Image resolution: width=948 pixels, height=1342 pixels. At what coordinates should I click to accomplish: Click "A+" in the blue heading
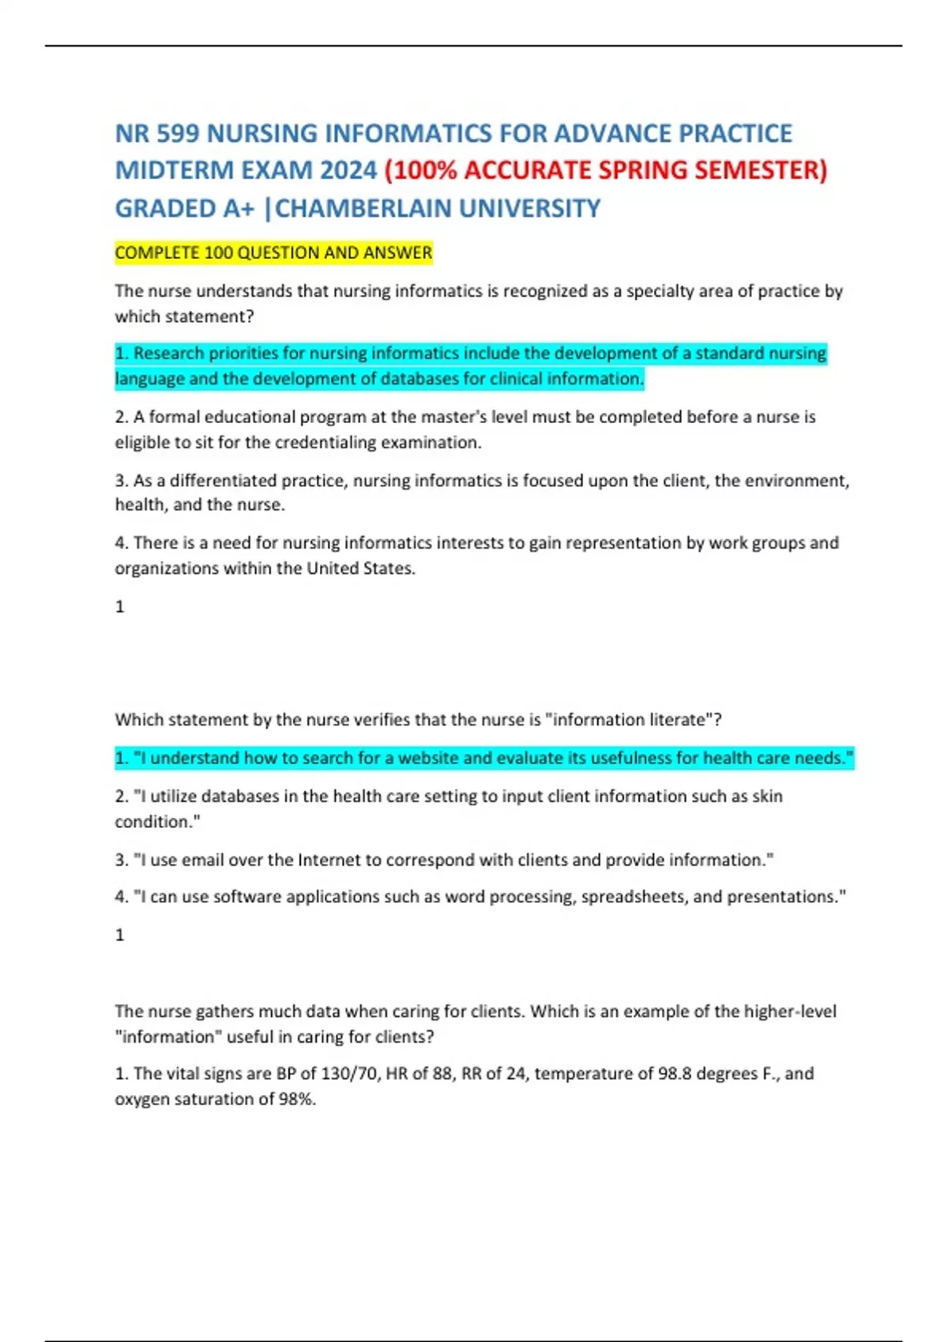[239, 208]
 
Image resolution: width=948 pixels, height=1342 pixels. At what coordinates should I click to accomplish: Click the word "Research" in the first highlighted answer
[168, 353]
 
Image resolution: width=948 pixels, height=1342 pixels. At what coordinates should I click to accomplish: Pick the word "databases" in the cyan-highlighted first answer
[421, 379]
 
